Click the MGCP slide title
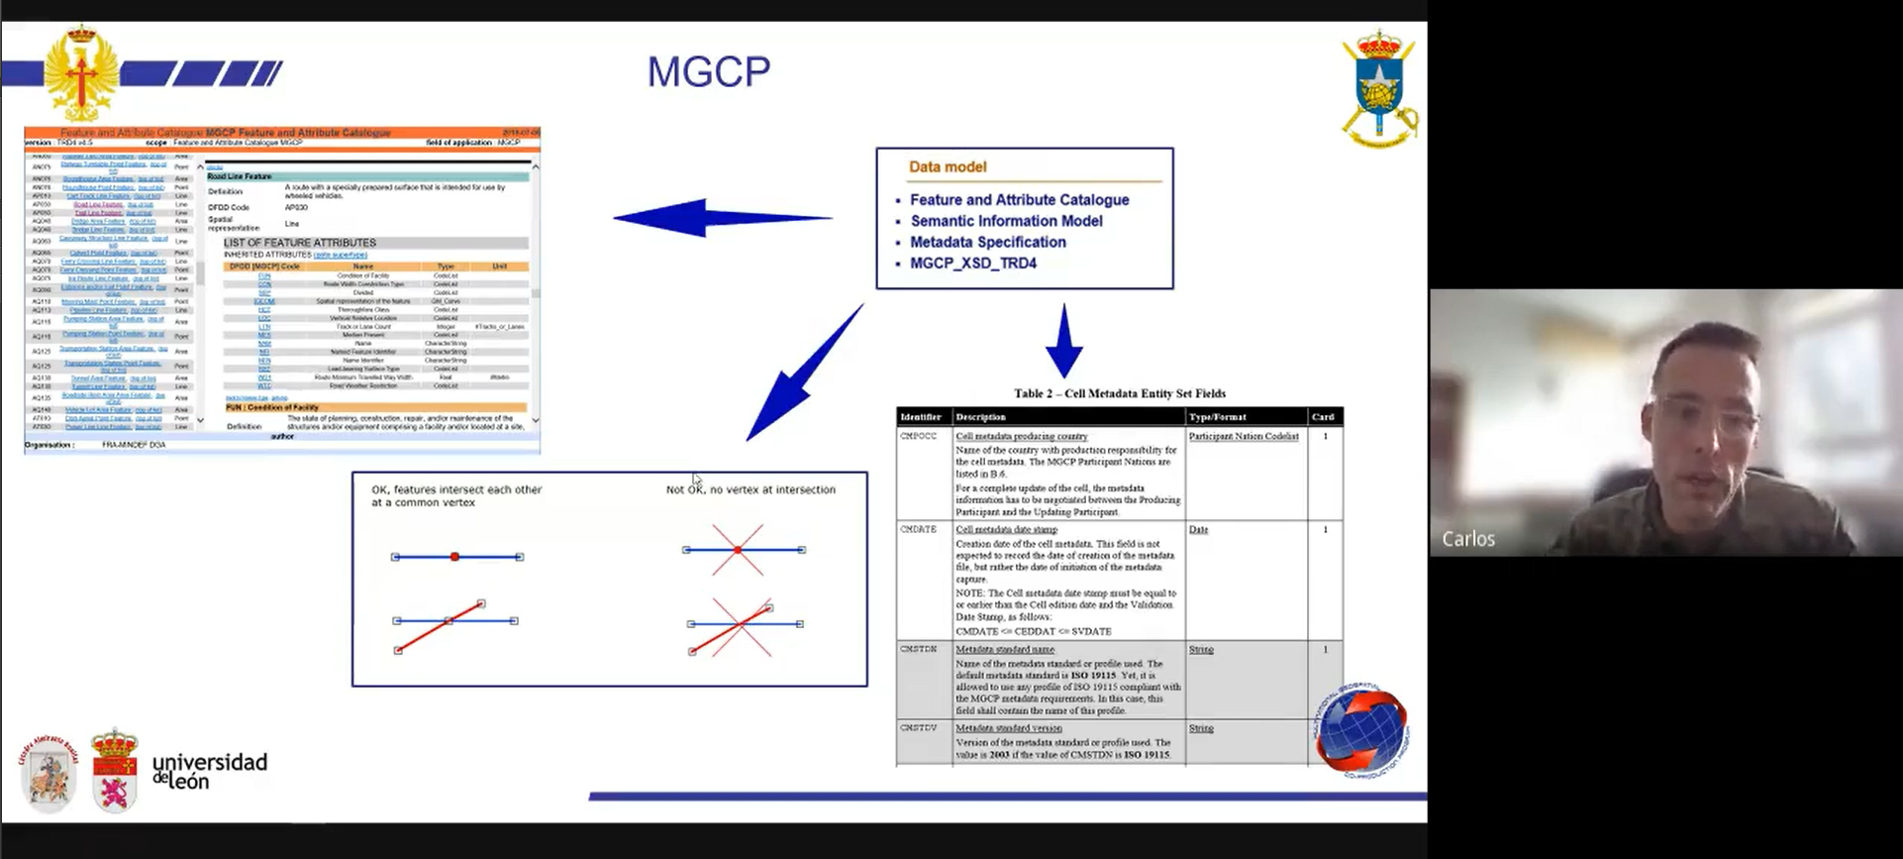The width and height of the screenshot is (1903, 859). click(708, 71)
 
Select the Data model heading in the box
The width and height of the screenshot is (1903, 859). click(948, 166)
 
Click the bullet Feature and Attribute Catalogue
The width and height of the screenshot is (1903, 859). click(1019, 199)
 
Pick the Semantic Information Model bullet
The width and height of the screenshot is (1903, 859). click(1006, 221)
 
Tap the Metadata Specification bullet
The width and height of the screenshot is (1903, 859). click(988, 242)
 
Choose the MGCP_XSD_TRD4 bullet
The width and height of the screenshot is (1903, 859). click(973, 264)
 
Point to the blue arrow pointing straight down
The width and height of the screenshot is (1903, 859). click(1063, 342)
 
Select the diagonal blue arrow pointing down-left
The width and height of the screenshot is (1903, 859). click(802, 375)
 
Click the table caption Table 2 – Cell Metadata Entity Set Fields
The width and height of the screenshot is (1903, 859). click(1119, 393)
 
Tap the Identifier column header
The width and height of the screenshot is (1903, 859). click(921, 417)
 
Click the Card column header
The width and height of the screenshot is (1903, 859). click(1323, 417)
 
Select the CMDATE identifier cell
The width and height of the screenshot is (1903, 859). click(918, 530)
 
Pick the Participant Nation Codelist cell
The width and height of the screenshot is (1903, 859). click(1244, 436)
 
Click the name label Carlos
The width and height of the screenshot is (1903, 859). click(1468, 539)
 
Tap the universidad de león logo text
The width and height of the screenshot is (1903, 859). click(209, 771)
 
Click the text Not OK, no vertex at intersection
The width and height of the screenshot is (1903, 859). click(751, 489)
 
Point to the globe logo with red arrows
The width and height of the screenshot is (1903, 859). click(1361, 730)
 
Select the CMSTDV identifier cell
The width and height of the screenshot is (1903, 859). click(918, 728)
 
